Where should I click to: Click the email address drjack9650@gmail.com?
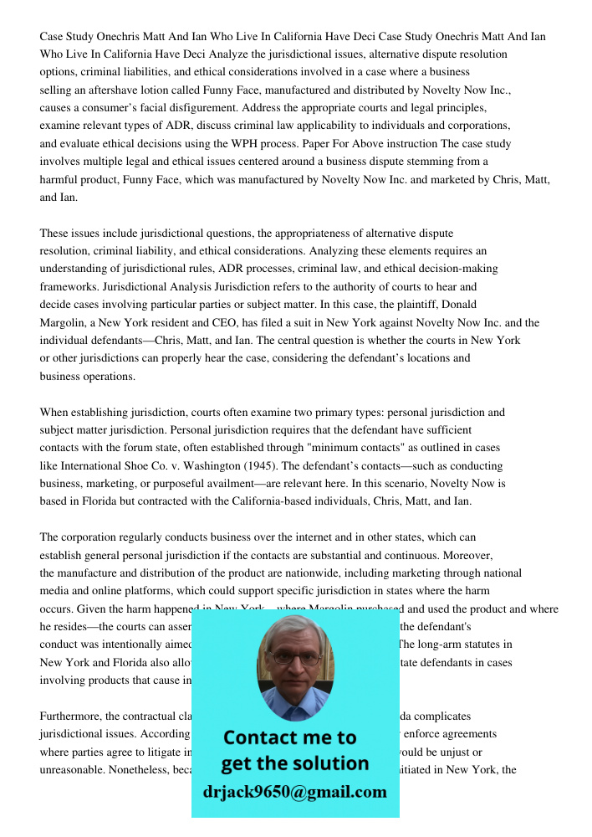(x=295, y=791)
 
